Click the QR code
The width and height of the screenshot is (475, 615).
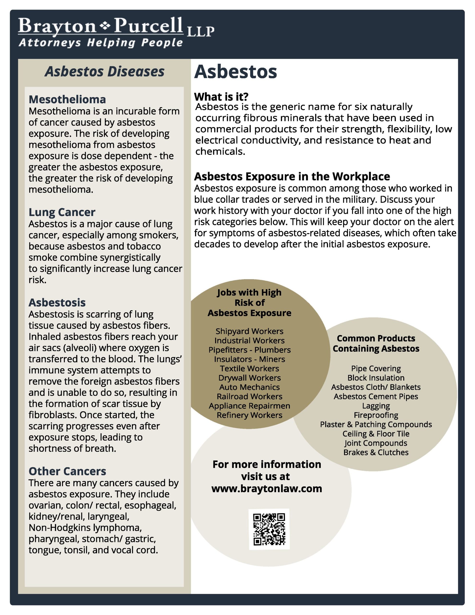click(x=269, y=529)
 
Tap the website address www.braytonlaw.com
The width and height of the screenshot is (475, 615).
click(x=267, y=489)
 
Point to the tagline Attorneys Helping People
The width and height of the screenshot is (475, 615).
click(x=101, y=43)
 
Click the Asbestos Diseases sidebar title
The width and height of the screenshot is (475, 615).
click(x=104, y=72)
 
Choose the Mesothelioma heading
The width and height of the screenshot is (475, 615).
click(x=67, y=99)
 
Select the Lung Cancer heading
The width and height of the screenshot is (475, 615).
click(x=62, y=212)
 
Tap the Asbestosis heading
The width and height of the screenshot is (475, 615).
click(x=57, y=302)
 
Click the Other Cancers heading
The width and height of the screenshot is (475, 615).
click(x=67, y=471)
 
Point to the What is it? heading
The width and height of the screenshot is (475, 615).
click(x=221, y=97)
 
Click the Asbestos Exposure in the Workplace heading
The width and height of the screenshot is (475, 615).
click(x=292, y=177)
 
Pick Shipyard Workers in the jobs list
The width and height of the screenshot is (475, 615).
click(x=250, y=331)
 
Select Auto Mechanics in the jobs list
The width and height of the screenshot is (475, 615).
click(x=250, y=387)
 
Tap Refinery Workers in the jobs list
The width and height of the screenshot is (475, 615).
click(x=250, y=415)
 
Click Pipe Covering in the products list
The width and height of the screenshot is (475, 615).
click(x=376, y=368)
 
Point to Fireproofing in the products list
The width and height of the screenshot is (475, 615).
click(x=376, y=415)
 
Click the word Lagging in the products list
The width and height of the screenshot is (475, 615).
click(x=376, y=406)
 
